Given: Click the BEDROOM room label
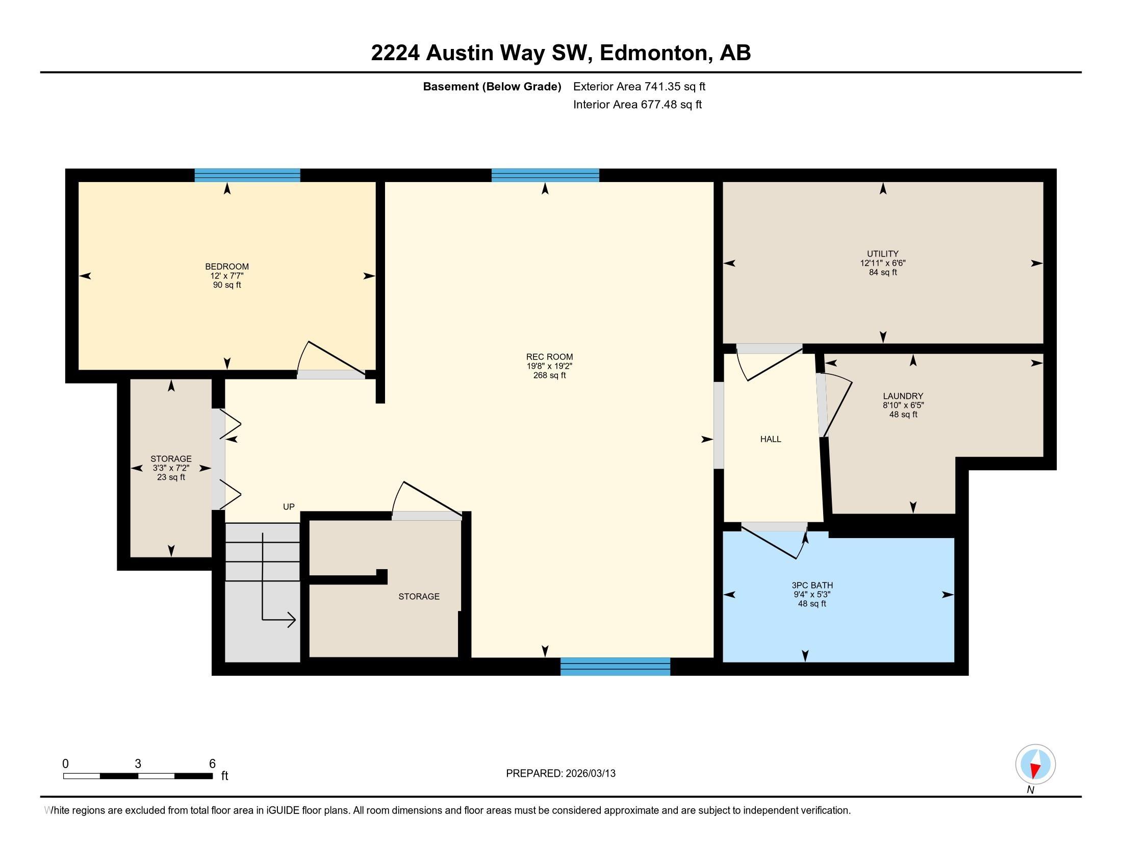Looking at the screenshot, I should (226, 266).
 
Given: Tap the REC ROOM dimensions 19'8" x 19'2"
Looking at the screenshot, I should (549, 366).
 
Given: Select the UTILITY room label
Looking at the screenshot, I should (883, 253).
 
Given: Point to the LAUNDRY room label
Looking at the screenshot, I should (903, 395).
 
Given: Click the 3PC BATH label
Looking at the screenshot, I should (812, 585).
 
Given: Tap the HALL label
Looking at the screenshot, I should (770, 439).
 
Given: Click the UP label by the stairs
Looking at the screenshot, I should (289, 506).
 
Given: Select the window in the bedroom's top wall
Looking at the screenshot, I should (247, 175).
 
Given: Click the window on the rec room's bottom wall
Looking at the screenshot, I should (615, 666).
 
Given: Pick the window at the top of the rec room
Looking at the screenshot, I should (545, 175).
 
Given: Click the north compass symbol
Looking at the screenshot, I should (1035, 764).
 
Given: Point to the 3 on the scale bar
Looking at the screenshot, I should (138, 763).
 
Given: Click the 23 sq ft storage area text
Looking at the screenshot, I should (171, 477).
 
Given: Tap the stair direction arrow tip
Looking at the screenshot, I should (294, 620).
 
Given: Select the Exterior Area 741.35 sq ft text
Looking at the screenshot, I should (639, 86).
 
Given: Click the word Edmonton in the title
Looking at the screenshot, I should (653, 53).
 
